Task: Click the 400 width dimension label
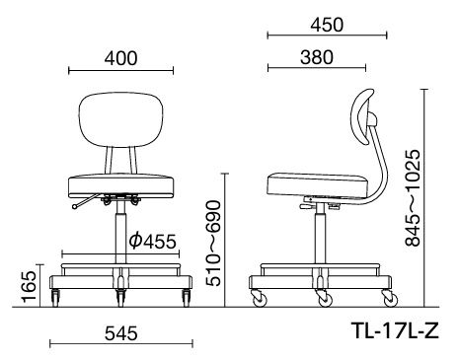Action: click(120, 58)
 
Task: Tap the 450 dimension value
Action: click(327, 25)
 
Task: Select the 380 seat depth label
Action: click(317, 57)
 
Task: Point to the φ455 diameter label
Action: click(152, 242)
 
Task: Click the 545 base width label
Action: click(120, 333)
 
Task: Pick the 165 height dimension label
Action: click(29, 286)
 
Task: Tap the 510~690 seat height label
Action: click(213, 243)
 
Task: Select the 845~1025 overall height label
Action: click(413, 198)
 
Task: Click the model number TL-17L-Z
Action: click(395, 330)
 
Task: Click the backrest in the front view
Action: click(121, 120)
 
